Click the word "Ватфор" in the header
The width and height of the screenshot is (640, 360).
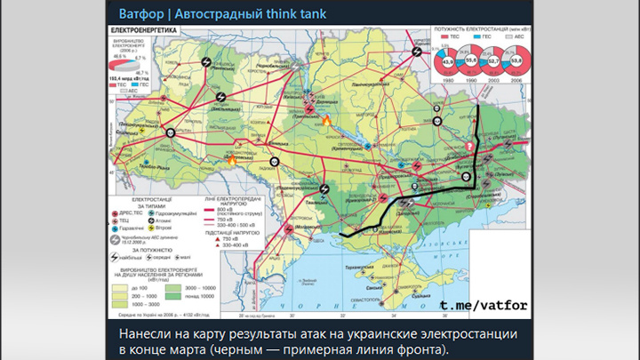pos(140,13)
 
